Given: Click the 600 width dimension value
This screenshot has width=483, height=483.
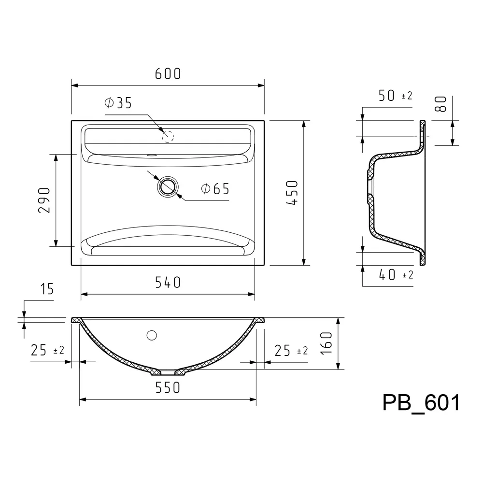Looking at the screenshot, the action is coord(168,74).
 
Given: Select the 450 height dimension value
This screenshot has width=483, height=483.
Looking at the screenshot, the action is coord(292,193).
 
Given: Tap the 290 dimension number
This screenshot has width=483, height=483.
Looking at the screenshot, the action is coord(44,200).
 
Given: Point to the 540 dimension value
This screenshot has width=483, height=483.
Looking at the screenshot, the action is coord(168,283).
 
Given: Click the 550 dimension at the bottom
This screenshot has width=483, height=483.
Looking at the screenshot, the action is coord(168,388).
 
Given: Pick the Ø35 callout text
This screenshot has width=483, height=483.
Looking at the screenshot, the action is coord(118,103).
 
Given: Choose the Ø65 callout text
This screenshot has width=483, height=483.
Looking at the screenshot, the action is coord(215,189).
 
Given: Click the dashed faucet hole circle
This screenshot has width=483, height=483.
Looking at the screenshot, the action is coord(168,137).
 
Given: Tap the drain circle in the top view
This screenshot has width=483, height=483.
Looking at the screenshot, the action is coord(168,186).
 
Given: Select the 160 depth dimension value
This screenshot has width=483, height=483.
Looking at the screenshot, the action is coord(327,343).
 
